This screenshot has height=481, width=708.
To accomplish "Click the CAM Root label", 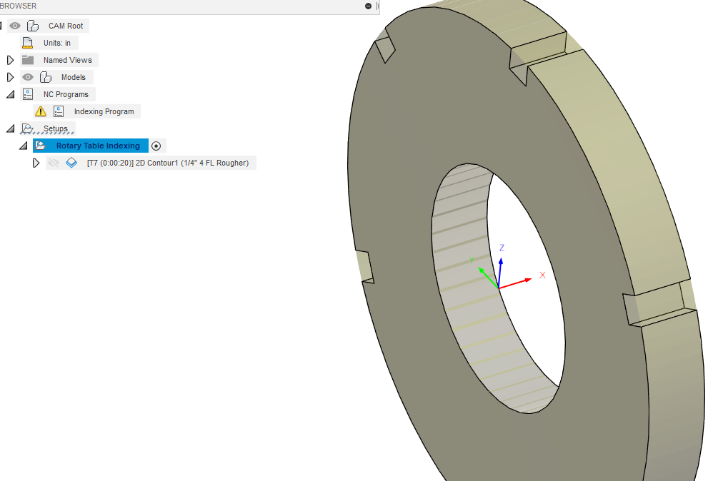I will coord(65,26).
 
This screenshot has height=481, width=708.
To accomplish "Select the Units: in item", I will coord(56,43).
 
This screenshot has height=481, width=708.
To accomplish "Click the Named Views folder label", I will coord(69,60).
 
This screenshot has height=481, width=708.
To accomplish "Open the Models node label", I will coord(73,77).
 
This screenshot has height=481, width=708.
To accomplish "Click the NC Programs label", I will coord(66,94).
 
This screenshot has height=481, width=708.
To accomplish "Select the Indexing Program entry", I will coord(104,111).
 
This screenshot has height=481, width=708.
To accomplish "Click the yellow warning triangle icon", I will coord(41,111).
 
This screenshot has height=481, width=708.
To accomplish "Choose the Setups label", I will coord(56,128).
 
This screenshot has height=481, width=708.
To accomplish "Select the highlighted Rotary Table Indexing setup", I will coord(98,146).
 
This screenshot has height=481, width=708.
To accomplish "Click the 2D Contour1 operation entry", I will coord(167,163).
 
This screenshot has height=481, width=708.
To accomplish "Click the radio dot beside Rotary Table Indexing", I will coord(156,146).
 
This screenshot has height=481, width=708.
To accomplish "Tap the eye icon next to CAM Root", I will coord(15,26).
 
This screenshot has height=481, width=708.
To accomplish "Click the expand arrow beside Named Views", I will coord(10,60).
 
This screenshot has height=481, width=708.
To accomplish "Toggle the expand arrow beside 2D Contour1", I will coord(36,163).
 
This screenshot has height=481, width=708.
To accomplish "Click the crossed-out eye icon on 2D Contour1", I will coord(53,163).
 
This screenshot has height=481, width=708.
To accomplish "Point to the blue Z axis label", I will coord(502,248).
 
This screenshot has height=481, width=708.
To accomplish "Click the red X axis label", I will coord(542,275).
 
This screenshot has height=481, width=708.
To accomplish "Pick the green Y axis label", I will coord(472,260).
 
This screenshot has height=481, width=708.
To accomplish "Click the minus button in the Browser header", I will coord(368,6).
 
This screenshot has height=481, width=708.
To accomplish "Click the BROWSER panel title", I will coord(19,6).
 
